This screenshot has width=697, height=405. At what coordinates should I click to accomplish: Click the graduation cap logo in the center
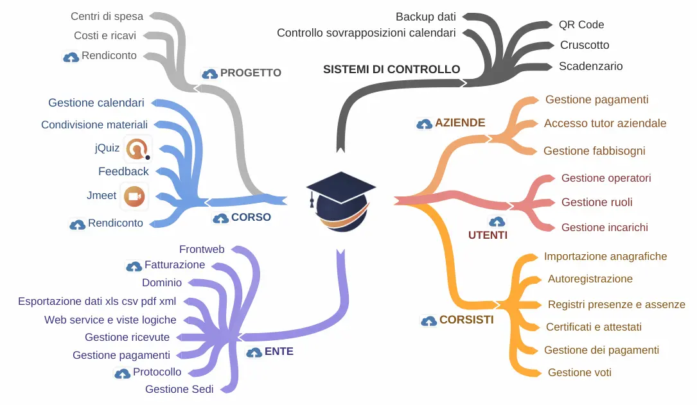coord(340,202)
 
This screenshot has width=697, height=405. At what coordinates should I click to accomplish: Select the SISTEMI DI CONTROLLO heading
coord(391,69)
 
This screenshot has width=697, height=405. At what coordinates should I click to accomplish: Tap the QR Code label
coord(581,24)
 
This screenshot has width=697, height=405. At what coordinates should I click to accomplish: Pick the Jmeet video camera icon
coord(134,196)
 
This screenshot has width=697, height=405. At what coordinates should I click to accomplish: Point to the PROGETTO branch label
coord(251,73)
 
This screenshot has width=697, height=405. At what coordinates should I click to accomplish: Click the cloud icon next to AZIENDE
coord(424,124)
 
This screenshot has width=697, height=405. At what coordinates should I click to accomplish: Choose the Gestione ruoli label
coord(597,202)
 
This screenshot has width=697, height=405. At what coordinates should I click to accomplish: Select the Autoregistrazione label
coord(590,279)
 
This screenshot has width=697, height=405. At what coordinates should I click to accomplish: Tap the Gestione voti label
coord(579,372)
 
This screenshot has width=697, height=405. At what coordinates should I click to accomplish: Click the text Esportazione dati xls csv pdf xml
coord(97,301)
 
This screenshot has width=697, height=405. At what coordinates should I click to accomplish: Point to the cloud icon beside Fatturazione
coord(134,266)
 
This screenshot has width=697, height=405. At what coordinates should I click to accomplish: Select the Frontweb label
coord(202,249)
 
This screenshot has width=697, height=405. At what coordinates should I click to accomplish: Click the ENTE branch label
coord(279,352)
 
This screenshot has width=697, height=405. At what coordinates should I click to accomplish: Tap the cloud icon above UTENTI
coord(497,222)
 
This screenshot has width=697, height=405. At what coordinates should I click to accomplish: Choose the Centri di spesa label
coord(107,16)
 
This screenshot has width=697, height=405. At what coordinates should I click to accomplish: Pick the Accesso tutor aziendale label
coord(605,123)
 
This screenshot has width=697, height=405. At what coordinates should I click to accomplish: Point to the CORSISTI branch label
coord(466,320)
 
